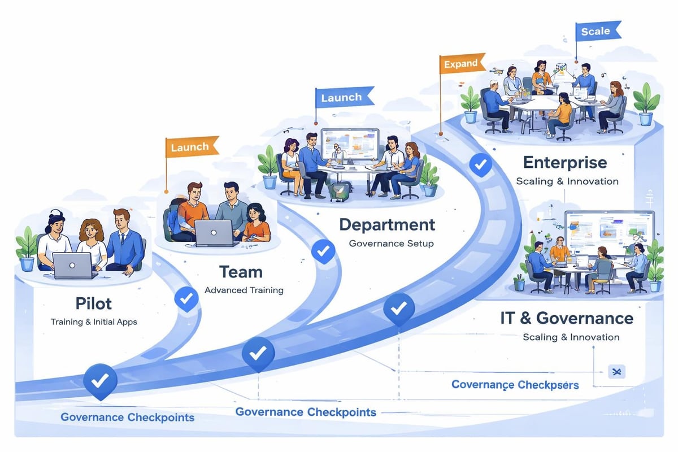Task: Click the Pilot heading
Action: (x=93, y=303)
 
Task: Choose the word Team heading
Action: (x=241, y=272)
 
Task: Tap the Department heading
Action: (x=387, y=224)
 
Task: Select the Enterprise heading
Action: (x=565, y=163)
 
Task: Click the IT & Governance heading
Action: (x=567, y=318)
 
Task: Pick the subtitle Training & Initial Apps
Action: (x=94, y=322)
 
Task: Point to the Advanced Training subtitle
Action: (x=244, y=290)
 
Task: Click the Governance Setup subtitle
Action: (x=391, y=244)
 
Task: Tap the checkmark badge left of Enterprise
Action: (x=481, y=164)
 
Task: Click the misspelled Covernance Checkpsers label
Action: (x=515, y=385)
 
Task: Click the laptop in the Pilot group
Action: (x=72, y=266)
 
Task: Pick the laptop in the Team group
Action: (x=214, y=233)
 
